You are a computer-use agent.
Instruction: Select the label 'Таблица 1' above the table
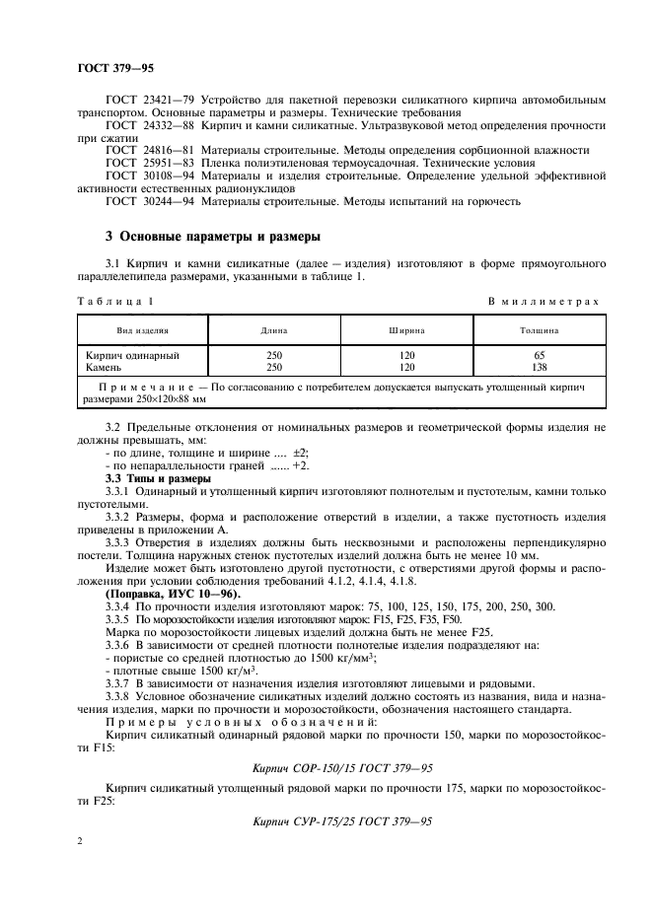point(114,299)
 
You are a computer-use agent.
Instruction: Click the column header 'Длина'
point(274,331)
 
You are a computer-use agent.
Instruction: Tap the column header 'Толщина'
point(539,331)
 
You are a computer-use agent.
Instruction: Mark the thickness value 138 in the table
point(539,366)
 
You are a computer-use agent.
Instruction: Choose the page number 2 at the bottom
point(81,840)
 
